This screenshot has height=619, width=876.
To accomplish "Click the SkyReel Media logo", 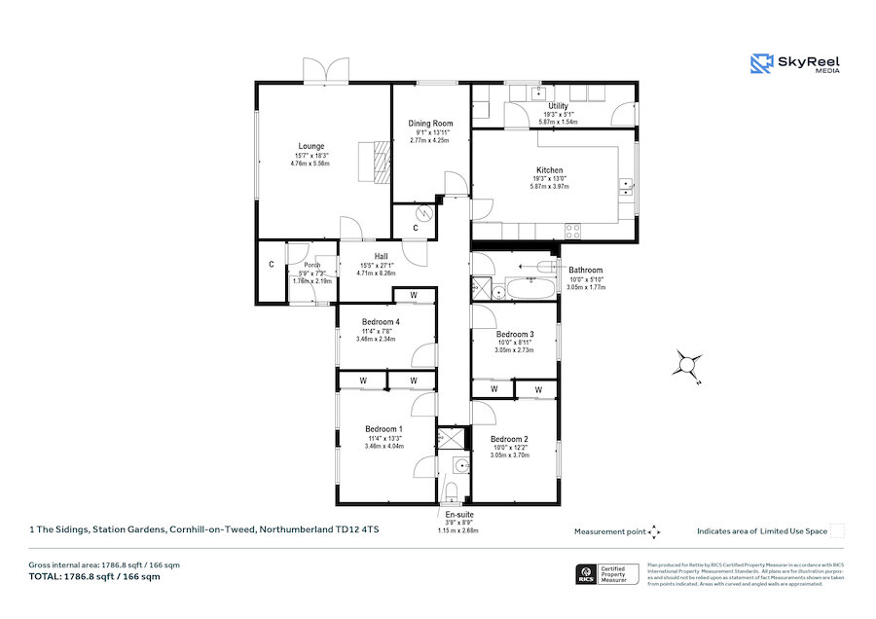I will [x=794, y=64].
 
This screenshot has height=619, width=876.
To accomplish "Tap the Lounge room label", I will [x=310, y=146].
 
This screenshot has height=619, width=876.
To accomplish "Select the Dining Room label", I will [x=430, y=124].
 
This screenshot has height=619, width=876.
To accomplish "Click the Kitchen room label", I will [x=549, y=170].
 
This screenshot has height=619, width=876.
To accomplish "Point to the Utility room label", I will [x=558, y=106].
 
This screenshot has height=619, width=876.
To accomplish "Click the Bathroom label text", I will [x=585, y=270].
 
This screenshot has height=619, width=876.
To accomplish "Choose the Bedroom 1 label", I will [x=383, y=429].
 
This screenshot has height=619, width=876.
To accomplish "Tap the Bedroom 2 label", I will [x=509, y=438].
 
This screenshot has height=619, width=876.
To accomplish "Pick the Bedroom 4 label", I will [x=382, y=322].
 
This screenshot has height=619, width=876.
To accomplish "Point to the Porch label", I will [x=311, y=265].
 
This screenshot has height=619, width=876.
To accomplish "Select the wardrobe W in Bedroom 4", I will [x=414, y=295].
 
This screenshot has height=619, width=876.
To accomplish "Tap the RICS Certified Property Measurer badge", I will [x=608, y=574].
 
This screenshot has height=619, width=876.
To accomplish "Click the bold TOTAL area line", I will [x=95, y=577].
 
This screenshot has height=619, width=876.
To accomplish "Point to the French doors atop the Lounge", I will [x=325, y=71].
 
